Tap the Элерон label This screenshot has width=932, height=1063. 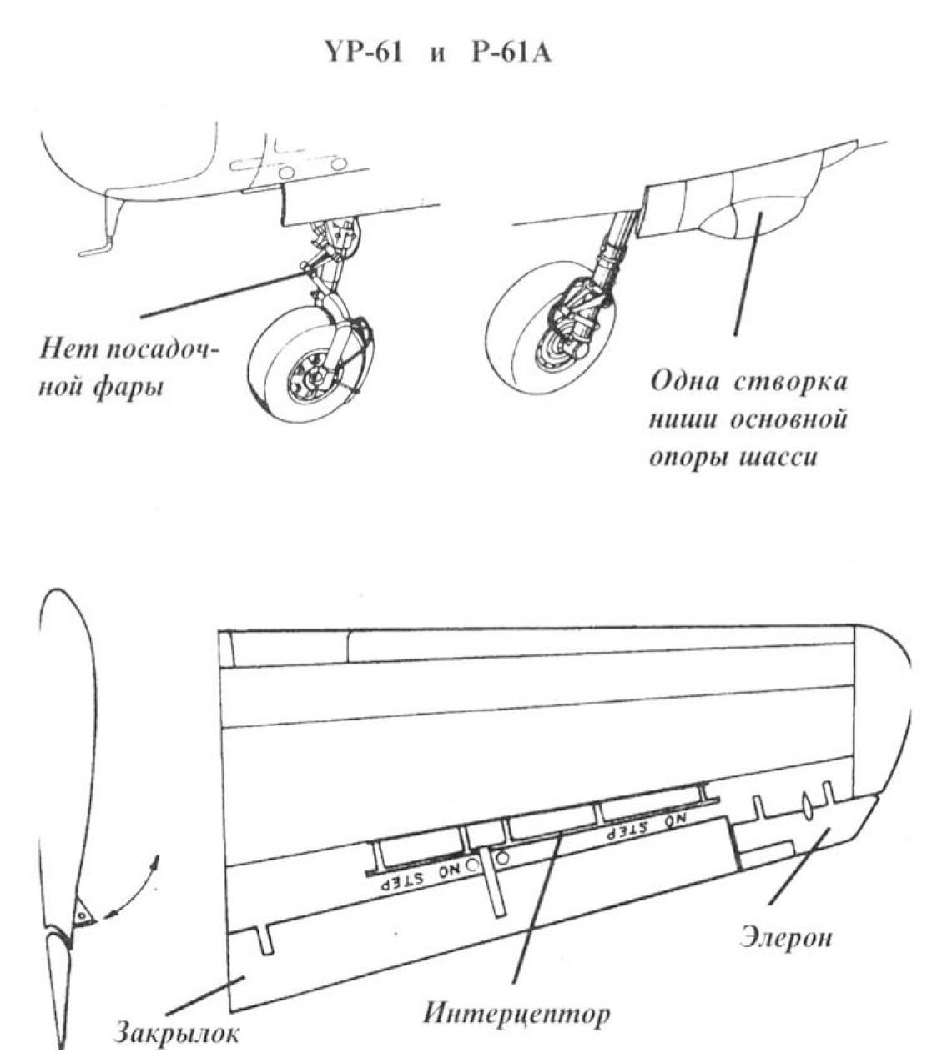coord(786,936)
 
